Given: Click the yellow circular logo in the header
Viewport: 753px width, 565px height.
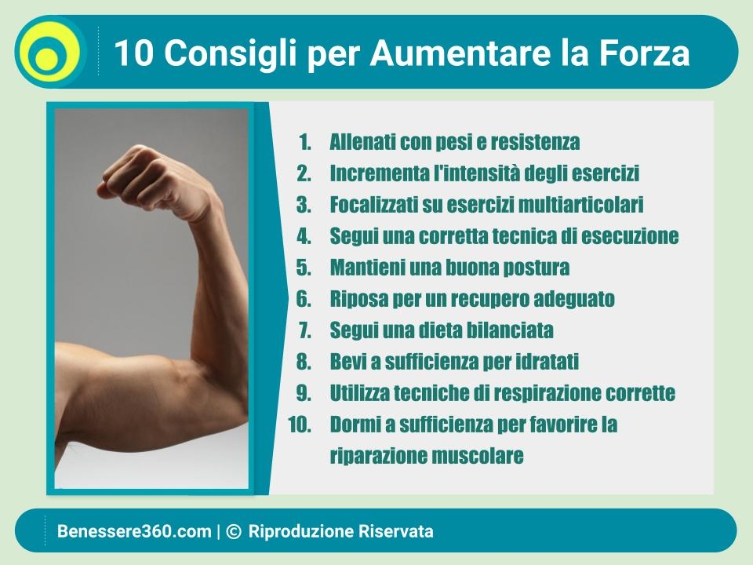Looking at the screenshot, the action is [x=50, y=52].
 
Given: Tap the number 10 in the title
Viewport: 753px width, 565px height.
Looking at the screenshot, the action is [x=133, y=53].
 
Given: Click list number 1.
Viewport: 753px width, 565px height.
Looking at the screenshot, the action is [x=304, y=142].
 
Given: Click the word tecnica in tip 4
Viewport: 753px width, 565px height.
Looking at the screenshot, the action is [x=523, y=236].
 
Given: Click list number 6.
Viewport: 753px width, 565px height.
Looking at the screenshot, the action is [x=304, y=298].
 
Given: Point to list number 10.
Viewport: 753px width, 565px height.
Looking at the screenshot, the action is [x=299, y=425].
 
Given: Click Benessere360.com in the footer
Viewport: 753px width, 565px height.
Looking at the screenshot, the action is [x=134, y=531].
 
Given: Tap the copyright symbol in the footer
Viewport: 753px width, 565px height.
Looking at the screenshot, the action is [x=234, y=531].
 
